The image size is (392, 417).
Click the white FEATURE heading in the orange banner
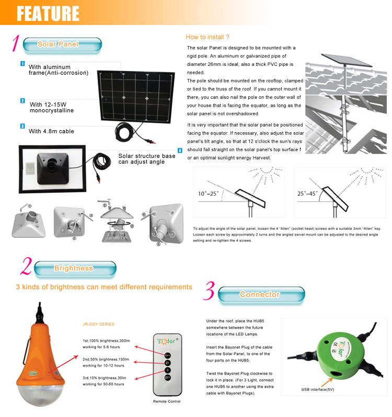point(48,13)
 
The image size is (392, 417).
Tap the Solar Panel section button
point(57,44)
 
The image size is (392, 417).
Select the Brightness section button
point(73,268)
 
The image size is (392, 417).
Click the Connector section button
point(260,294)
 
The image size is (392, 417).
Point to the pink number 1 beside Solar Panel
point(16,44)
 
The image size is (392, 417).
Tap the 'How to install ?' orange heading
point(207,37)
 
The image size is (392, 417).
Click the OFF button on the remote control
point(168,377)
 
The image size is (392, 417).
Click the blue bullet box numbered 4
point(180,150)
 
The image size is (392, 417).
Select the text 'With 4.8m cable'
point(51,131)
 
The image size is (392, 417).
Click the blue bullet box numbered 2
point(22,101)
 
